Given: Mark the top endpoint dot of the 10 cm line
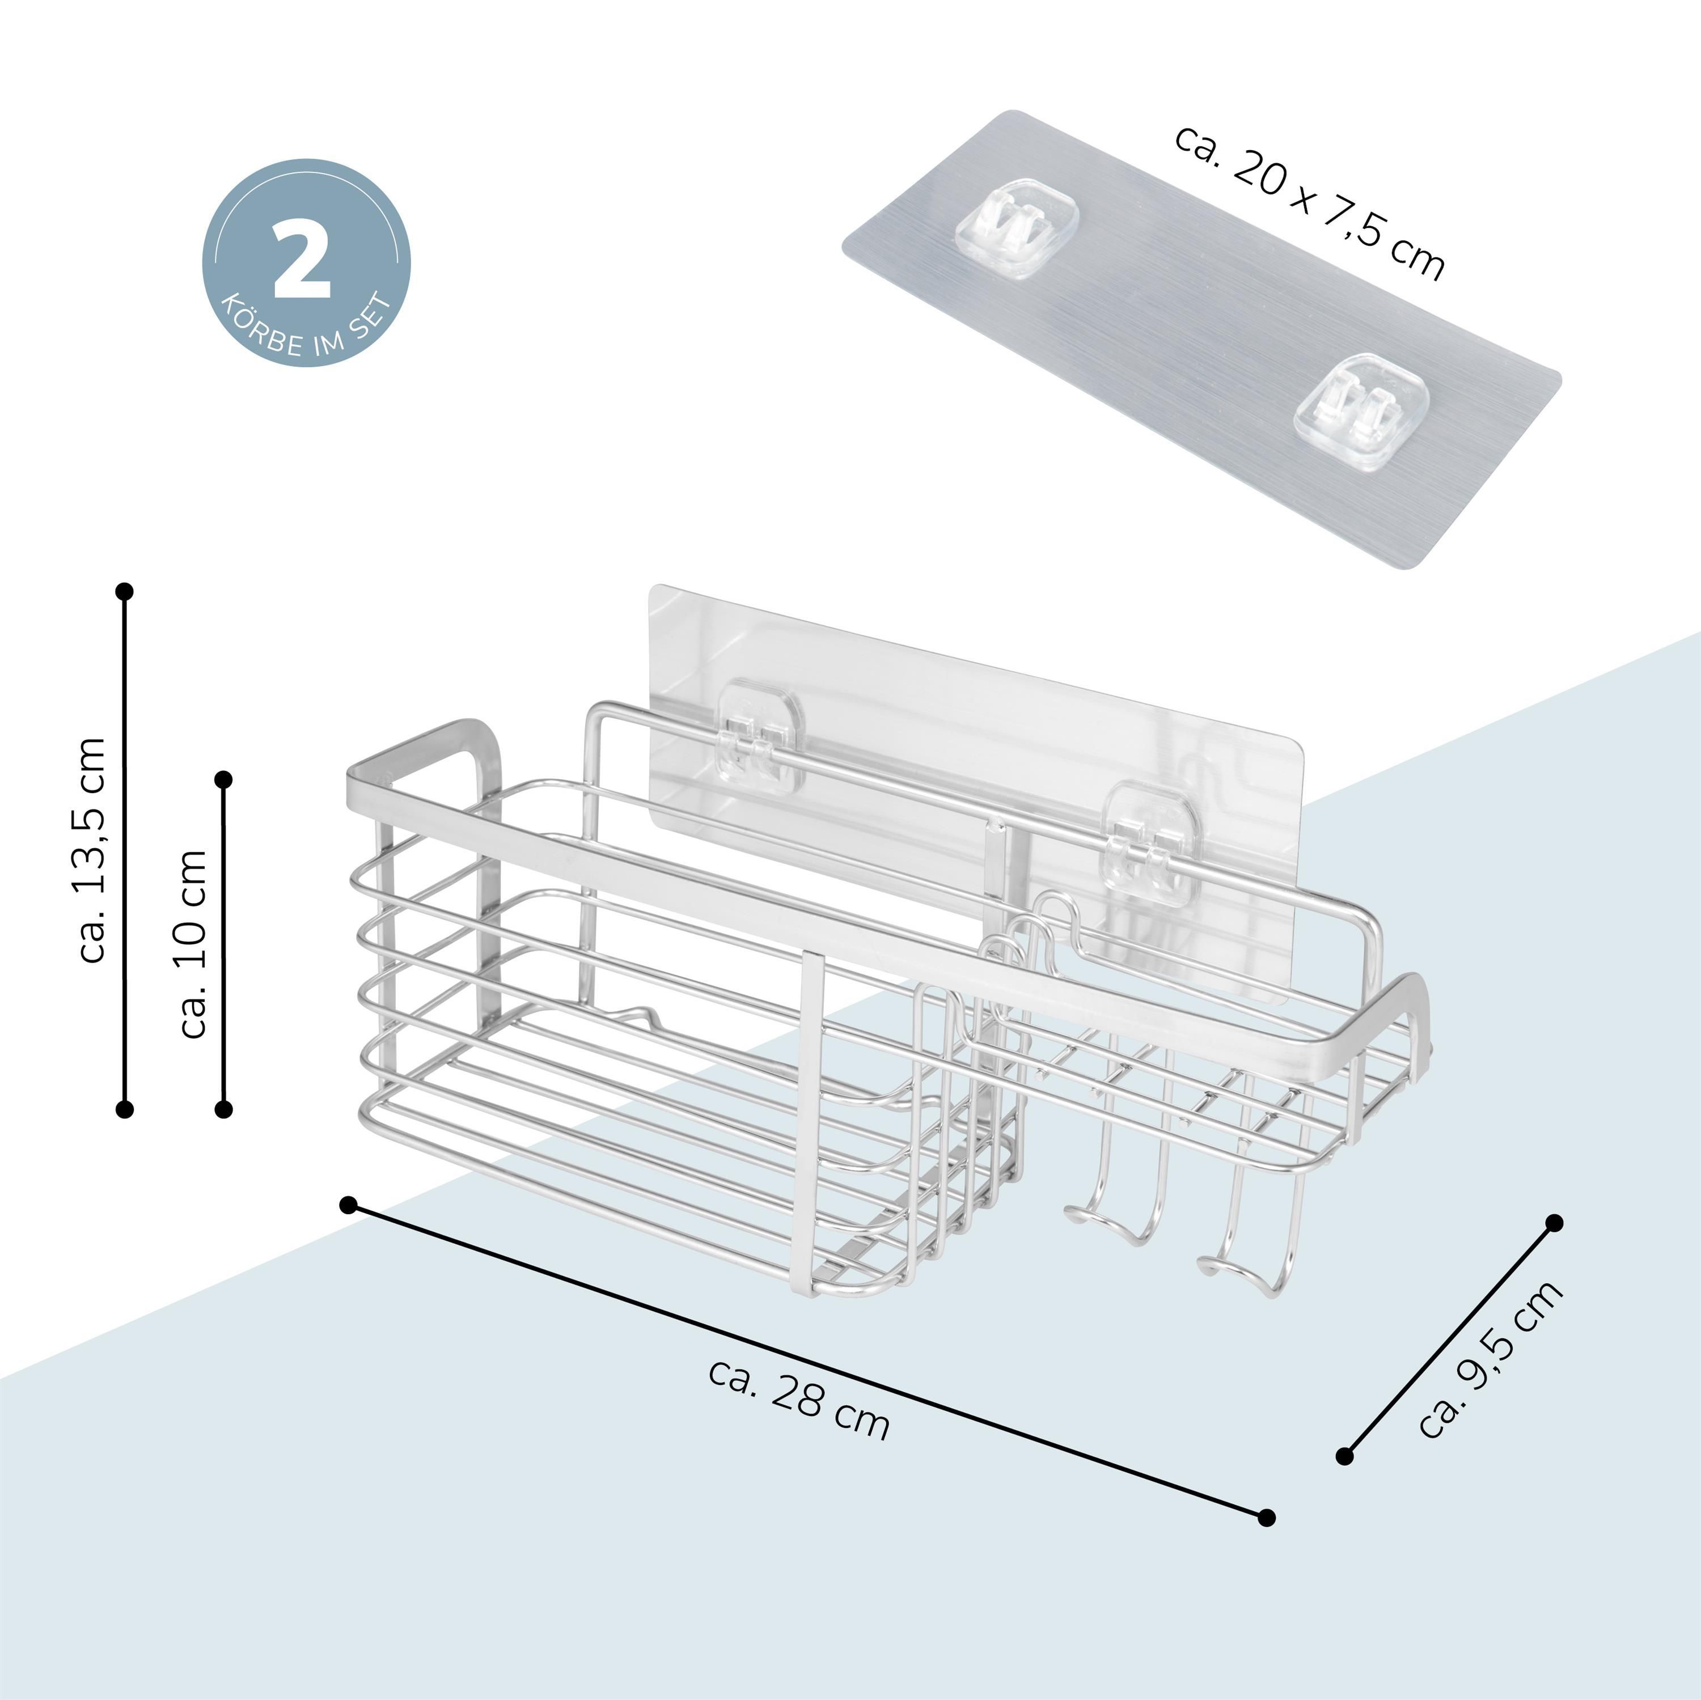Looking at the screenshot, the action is pos(223,779).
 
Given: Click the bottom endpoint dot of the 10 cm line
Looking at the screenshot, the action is pos(223,1108).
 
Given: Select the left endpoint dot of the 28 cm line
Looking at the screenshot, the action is pos(349,1205).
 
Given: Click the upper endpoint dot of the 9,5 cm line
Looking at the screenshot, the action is pos(1555,1223).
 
